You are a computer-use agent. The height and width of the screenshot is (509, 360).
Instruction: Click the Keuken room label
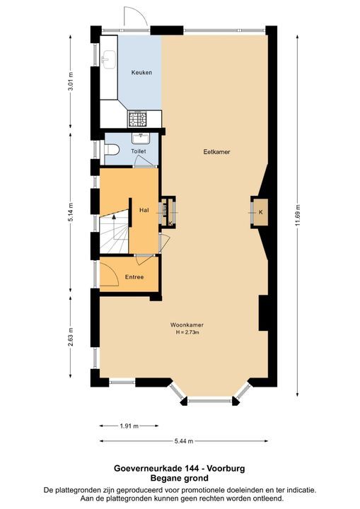coord(141,73)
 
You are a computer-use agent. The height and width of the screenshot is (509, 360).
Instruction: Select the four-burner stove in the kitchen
coord(137,117)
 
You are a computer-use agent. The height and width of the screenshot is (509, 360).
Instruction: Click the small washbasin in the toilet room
coord(140,136)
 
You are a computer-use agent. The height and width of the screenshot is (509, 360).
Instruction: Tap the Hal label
coord(144,210)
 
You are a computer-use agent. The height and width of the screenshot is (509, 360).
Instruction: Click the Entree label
coord(134,276)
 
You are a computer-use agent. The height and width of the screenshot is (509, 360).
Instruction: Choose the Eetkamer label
coord(212,151)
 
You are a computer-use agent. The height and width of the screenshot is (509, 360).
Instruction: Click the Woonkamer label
coord(182,325)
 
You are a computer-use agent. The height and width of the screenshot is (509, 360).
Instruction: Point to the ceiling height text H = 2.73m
coord(182,332)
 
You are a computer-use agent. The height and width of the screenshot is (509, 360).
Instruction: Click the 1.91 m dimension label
coord(128,426)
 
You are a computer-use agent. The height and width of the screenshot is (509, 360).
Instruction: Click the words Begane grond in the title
coord(180,478)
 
